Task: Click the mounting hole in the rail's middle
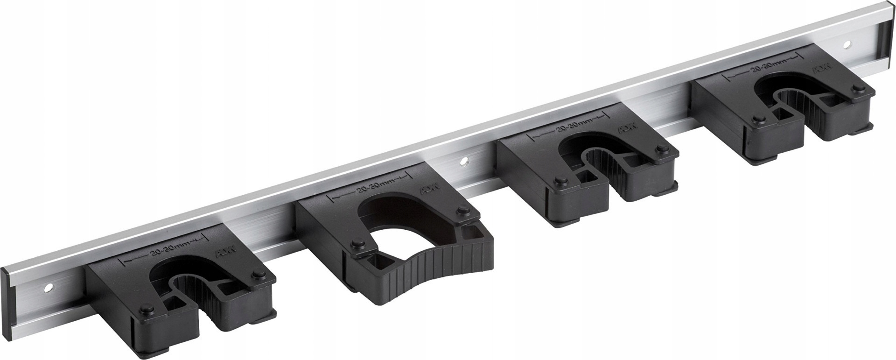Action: [x=464, y=162]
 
